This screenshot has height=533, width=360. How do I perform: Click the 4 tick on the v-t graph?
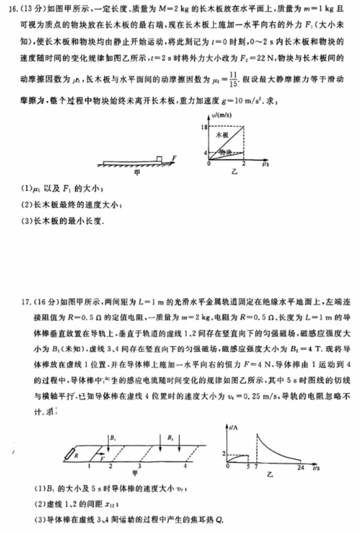click(x=205, y=153)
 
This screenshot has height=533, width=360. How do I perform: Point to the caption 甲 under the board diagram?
click(x=137, y=171)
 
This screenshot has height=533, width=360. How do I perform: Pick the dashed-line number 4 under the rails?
click(x=185, y=465)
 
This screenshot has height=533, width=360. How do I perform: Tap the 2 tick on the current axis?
click(x=224, y=453)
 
